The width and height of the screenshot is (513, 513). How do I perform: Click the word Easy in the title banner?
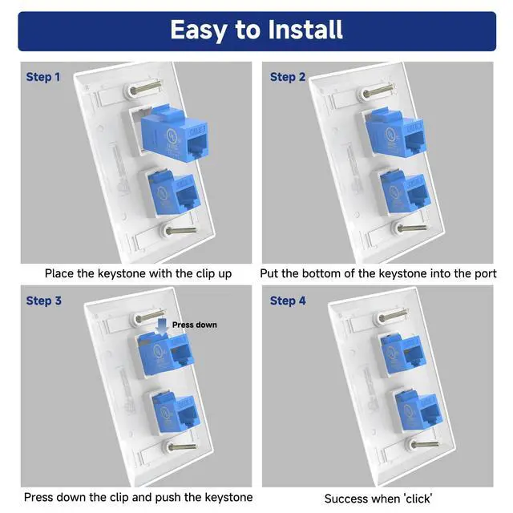click(x=199, y=30)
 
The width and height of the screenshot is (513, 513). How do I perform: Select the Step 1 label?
click(x=43, y=77)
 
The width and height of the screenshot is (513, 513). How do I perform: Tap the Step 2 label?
click(x=288, y=77)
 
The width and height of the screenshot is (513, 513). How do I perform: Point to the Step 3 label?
click(x=43, y=301)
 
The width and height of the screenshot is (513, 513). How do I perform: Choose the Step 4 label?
click(x=288, y=301)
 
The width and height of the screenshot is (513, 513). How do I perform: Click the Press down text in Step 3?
click(x=195, y=325)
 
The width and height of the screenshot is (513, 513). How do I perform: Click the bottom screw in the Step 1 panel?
click(x=178, y=231)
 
